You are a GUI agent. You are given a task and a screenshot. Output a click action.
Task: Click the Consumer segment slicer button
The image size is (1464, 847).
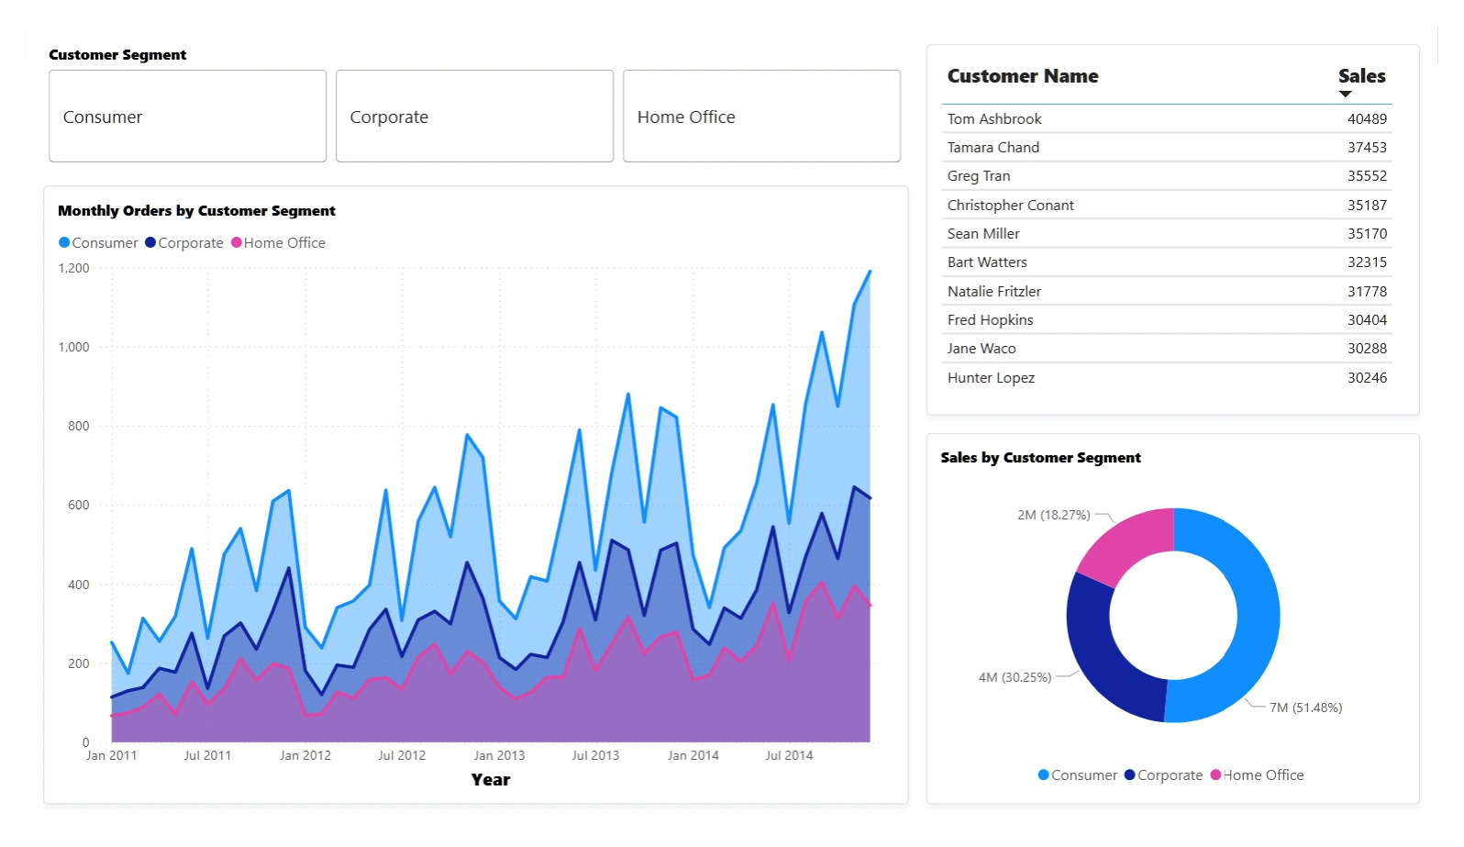click(187, 117)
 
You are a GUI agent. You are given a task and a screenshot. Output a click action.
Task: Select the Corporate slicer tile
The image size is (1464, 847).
click(474, 117)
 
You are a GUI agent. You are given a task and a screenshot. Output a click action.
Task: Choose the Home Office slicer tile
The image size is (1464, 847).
click(761, 117)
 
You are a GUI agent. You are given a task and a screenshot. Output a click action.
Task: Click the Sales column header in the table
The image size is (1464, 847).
click(1361, 76)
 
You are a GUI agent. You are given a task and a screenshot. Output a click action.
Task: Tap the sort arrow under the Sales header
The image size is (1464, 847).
click(1346, 94)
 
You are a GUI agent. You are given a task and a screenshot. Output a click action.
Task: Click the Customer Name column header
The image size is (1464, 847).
click(1023, 76)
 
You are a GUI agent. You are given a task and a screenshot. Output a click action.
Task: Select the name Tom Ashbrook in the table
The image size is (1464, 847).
click(994, 119)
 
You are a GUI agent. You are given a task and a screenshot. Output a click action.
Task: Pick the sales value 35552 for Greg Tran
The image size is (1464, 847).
click(1367, 176)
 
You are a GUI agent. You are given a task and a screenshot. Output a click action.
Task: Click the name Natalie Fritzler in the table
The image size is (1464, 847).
click(994, 292)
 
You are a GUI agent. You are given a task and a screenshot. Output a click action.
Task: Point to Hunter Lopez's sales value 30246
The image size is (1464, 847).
click(1367, 378)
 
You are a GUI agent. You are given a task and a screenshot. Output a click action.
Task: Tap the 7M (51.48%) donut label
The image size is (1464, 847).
click(1305, 708)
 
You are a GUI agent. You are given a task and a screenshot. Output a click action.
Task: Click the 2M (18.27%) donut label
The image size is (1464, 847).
click(1054, 515)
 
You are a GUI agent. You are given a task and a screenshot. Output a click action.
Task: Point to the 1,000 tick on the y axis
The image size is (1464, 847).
click(74, 347)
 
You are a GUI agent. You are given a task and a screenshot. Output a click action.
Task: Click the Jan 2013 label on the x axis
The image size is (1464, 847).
click(499, 755)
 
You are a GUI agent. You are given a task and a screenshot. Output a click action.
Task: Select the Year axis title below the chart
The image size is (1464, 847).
click(491, 780)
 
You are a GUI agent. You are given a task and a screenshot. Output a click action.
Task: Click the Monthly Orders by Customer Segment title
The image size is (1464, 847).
click(196, 211)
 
